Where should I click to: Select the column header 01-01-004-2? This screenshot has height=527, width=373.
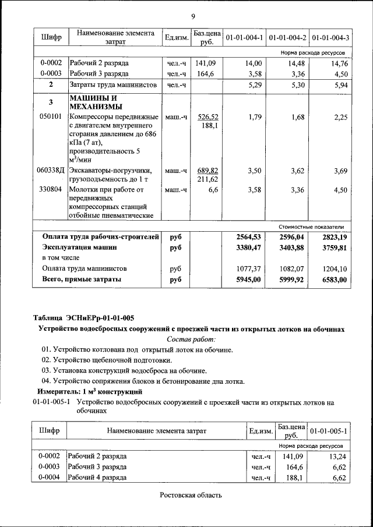point(288,38)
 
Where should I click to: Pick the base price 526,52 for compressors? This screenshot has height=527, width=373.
point(207,117)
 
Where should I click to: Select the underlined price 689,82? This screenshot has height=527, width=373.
point(207,171)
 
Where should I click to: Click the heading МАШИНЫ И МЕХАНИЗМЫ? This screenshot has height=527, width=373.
point(96,102)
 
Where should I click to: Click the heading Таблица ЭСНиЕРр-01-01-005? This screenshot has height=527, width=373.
point(83,318)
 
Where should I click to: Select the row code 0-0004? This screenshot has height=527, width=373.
point(49,478)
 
